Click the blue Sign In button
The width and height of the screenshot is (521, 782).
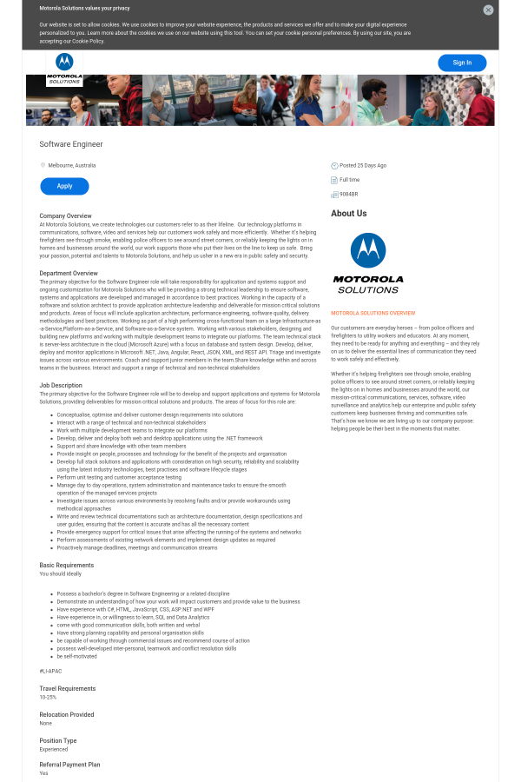[462, 63]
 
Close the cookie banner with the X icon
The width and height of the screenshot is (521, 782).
[488, 10]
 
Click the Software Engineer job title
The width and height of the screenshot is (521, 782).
[71, 144]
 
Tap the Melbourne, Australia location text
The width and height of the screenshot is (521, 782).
[72, 165]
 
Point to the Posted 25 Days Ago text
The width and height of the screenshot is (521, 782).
[363, 165]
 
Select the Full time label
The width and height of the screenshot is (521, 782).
[349, 180]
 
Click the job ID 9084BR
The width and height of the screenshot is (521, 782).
[348, 194]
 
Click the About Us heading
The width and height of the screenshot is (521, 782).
[348, 214]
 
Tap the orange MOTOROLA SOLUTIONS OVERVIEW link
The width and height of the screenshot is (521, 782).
[373, 313]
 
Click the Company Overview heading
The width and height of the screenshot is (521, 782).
[65, 215]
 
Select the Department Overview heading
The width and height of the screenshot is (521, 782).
[69, 274]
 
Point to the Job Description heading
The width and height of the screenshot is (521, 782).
[61, 385]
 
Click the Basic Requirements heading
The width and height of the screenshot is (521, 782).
[66, 566]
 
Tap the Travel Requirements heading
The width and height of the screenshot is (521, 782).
[68, 688]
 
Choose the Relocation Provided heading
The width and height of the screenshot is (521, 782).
[67, 714]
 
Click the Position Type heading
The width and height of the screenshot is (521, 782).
[58, 740]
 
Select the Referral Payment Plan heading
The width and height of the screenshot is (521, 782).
[69, 765]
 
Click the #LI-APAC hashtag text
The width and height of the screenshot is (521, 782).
[50, 672]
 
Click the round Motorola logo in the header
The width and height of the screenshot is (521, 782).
[64, 62]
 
